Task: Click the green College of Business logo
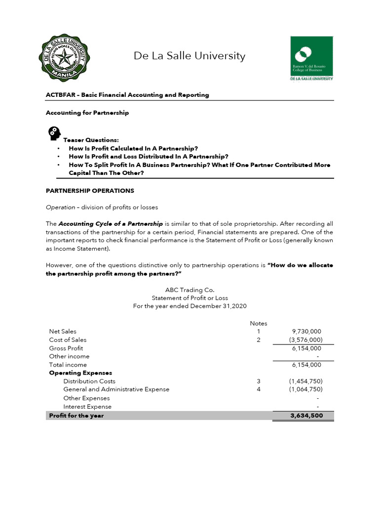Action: [311, 58]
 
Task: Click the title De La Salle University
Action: [189, 56]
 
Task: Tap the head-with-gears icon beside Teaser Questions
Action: [54, 133]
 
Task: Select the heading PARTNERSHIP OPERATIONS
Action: [90, 190]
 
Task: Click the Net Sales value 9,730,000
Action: [306, 331]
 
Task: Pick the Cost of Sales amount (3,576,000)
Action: [305, 339]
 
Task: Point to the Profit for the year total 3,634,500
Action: [306, 416]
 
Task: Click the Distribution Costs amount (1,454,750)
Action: [305, 381]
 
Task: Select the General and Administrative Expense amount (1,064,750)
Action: [305, 389]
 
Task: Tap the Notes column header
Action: [258, 323]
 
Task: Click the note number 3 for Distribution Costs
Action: [258, 381]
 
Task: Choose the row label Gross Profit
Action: [66, 348]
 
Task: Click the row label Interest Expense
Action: [87, 407]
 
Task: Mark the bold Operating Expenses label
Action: [80, 373]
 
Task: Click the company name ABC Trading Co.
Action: [189, 290]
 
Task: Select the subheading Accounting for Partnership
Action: [87, 113]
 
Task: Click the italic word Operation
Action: [60, 207]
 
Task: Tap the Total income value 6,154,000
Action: [306, 365]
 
